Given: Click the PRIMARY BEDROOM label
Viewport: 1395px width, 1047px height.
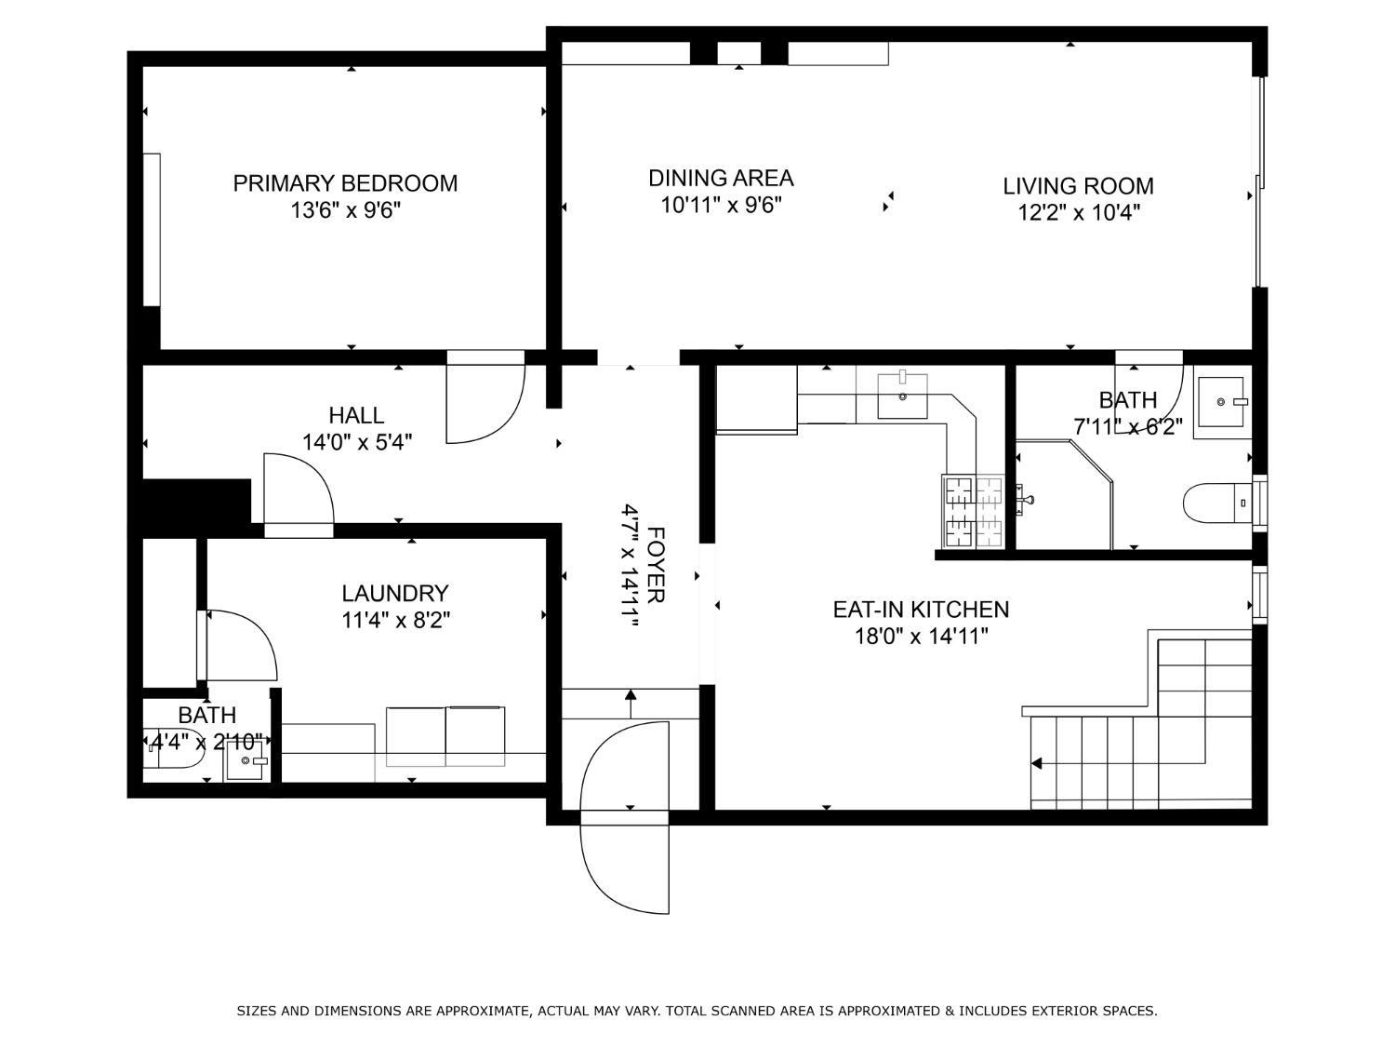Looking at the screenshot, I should pos(345,183).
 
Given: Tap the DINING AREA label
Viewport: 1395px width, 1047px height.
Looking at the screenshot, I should pos(721,178).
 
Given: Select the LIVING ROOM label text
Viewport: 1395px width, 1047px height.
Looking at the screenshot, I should pos(1078,186).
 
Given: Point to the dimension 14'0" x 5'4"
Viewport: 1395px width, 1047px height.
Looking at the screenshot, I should pos(356,441).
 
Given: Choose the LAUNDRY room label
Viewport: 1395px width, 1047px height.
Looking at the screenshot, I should pos(394,593).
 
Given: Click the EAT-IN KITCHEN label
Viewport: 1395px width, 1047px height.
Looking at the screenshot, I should pos(920,610).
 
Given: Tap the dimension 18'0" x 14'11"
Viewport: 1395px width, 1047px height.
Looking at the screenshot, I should pos(920,637).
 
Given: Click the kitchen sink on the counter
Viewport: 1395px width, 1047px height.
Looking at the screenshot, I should pos(902,396).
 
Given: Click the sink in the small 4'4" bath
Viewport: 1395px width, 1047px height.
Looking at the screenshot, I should pos(246,761).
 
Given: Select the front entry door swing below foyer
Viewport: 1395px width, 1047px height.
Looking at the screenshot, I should pos(623,861).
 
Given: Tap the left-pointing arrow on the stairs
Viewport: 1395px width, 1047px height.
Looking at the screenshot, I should pos(1037,764).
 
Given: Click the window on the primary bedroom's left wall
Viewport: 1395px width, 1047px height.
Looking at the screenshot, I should pos(152,229).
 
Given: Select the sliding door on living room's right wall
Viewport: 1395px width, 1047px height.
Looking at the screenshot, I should pos(1259,182).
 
